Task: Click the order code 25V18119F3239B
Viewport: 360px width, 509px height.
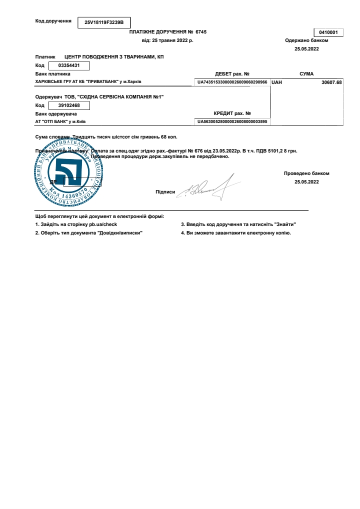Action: point(104,22)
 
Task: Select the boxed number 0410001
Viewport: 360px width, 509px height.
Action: point(328,32)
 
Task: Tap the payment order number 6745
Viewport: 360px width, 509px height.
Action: point(201,32)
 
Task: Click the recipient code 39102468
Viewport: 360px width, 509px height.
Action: point(69,105)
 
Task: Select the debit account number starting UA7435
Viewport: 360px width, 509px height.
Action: point(232,81)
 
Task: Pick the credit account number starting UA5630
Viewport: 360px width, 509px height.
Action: point(232,121)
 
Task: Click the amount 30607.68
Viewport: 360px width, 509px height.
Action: point(331,82)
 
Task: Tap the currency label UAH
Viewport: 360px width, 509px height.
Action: point(277,82)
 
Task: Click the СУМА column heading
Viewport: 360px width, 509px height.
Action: point(306,74)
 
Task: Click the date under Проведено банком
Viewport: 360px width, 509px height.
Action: point(306,182)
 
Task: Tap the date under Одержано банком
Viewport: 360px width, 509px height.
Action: point(306,49)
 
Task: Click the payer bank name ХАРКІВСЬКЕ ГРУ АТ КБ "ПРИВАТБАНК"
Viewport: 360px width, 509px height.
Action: point(88,81)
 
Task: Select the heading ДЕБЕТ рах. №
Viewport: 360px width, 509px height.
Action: point(232,74)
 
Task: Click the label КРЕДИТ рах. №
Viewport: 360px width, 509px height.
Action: point(232,113)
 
